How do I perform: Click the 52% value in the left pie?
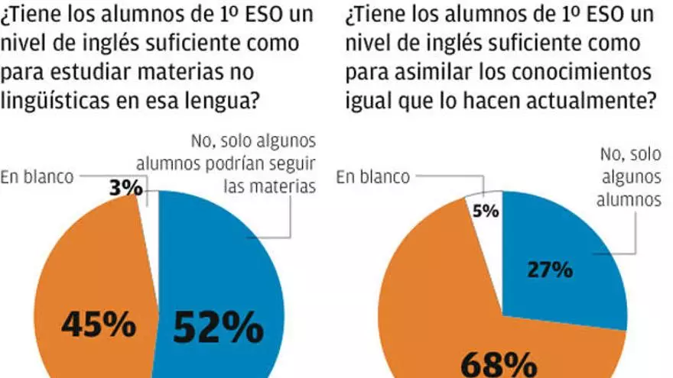tap(218, 328)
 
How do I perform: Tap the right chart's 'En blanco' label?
tap(372, 176)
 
